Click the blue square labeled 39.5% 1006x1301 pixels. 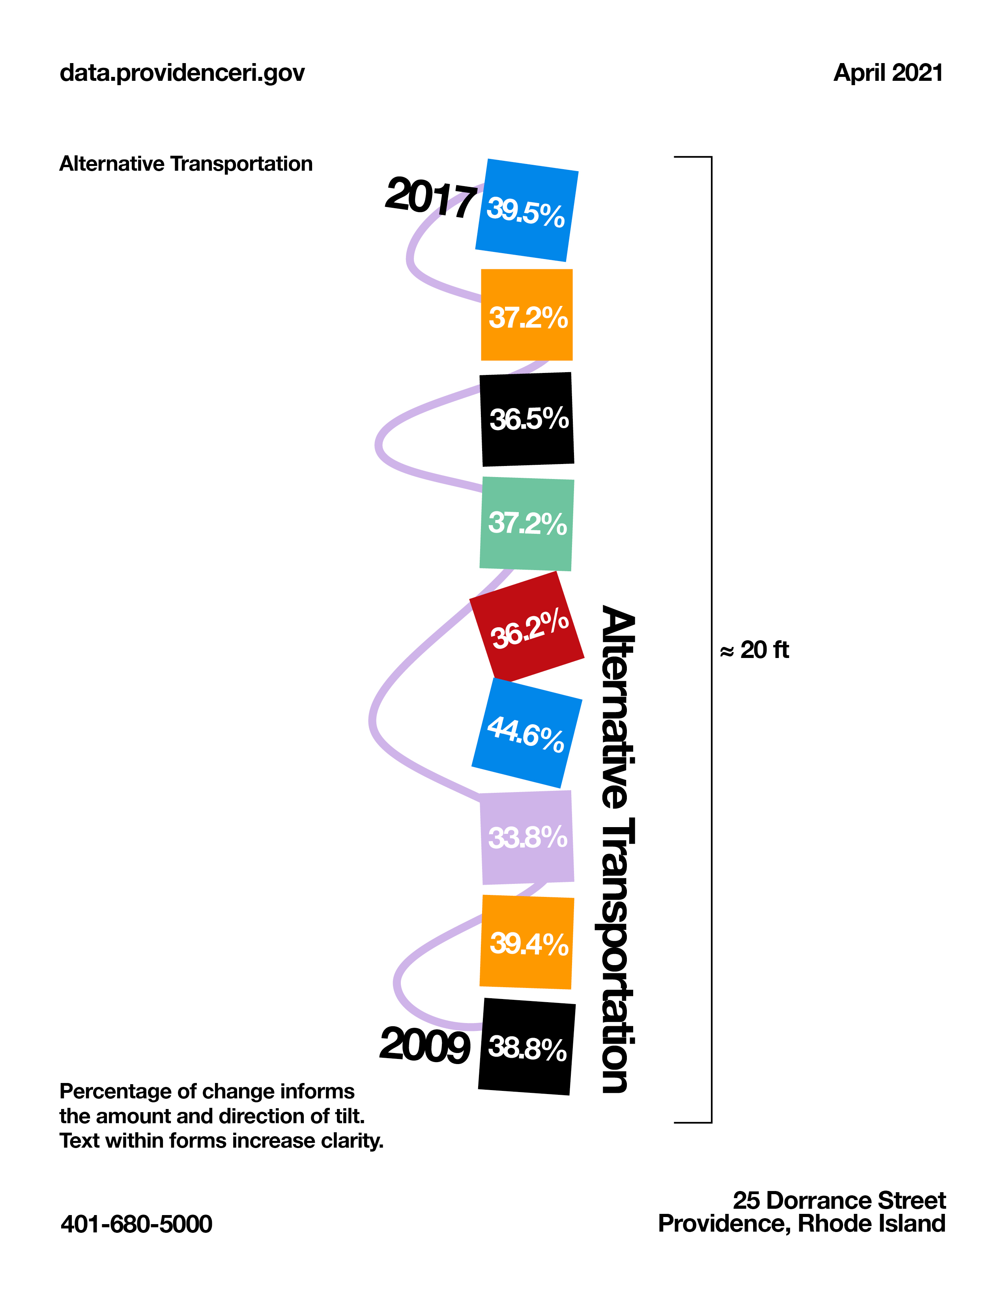[527, 210]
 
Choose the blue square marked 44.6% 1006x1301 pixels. [527, 733]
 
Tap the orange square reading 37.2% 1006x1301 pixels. [527, 315]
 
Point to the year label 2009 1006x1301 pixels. [425, 1046]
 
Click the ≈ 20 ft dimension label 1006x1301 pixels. [754, 650]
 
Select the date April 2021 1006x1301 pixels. [888, 73]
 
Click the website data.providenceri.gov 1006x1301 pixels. [182, 73]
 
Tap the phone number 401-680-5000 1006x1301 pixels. [137, 1224]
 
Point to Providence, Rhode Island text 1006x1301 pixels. [802, 1224]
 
